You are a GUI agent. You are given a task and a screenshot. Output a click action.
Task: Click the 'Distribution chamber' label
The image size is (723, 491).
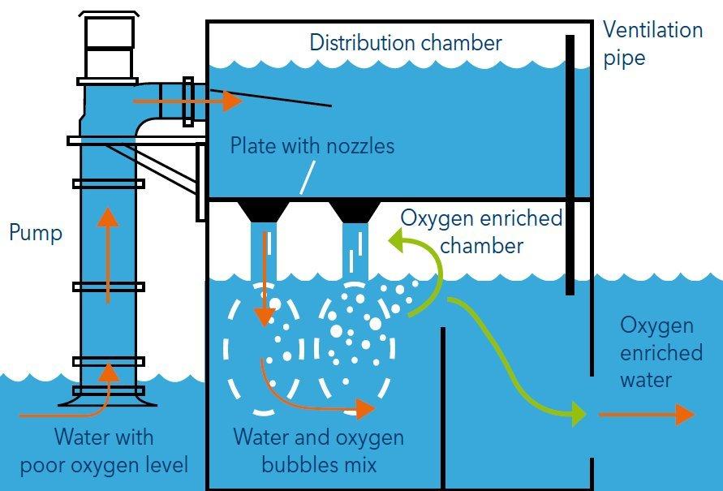[x=406, y=42]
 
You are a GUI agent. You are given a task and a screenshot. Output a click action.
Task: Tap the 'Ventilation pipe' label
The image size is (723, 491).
[x=652, y=45]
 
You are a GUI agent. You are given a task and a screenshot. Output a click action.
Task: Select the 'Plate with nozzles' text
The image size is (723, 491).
[x=312, y=146]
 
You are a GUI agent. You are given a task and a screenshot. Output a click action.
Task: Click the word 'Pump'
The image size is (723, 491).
[x=35, y=234]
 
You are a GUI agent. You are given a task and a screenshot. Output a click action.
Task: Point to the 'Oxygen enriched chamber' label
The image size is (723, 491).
[x=482, y=231]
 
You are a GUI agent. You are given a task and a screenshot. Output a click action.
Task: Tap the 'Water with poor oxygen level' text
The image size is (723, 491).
[x=104, y=451]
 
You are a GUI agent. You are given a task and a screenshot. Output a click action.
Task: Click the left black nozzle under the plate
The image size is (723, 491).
[x=264, y=211]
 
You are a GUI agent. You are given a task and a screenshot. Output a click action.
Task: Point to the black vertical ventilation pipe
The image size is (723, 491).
[x=571, y=162]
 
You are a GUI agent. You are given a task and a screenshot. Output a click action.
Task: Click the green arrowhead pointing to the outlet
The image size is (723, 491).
[x=577, y=413]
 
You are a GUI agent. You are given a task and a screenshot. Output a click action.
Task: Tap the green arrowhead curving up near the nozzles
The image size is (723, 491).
[x=397, y=240]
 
